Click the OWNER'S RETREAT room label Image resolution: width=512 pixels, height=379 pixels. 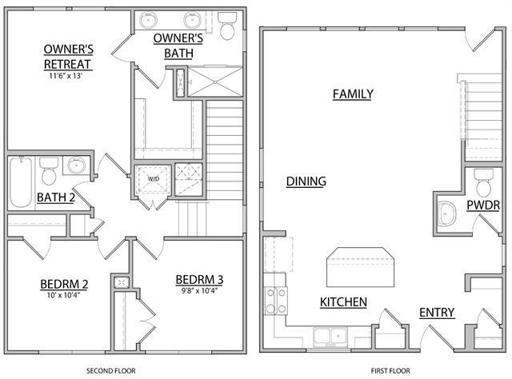click(x=68, y=56)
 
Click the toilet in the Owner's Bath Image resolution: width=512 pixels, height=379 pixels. click(x=227, y=26)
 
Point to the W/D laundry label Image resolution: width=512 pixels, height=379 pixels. click(x=153, y=179)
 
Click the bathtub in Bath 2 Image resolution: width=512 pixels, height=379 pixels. click(x=21, y=183)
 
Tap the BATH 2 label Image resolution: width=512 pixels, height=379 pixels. click(x=56, y=197)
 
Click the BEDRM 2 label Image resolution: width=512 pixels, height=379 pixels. click(x=64, y=285)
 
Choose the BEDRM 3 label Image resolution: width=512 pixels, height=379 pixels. click(x=199, y=279)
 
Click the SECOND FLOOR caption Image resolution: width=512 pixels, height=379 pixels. click(x=110, y=371)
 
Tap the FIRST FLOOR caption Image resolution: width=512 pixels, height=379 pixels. click(x=390, y=371)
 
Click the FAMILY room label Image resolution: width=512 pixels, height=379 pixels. click(x=353, y=94)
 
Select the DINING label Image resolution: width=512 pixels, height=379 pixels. click(x=306, y=182)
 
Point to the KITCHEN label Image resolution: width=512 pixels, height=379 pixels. click(x=343, y=302)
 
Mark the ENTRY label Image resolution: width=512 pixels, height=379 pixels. click(x=437, y=312)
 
